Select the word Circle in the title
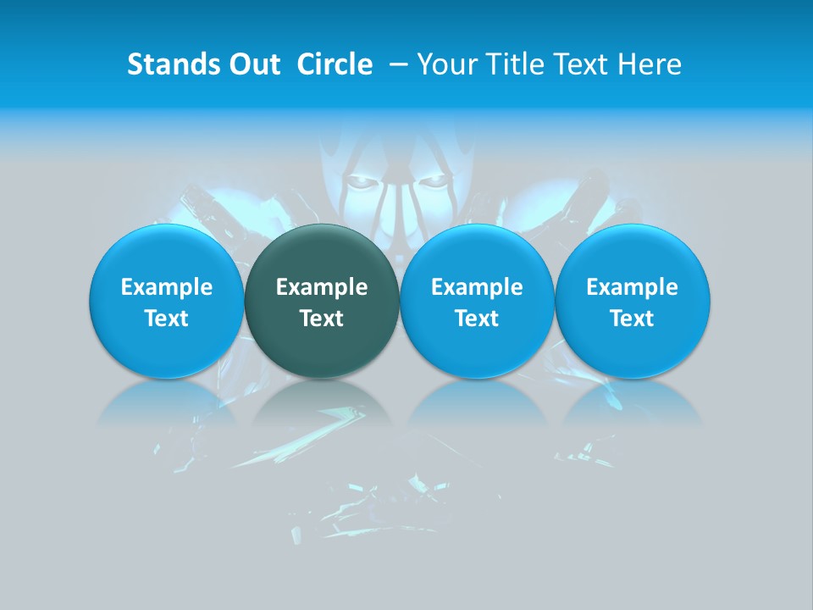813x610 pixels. [x=335, y=64]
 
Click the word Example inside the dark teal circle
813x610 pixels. [x=322, y=288]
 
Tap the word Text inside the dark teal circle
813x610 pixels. [x=322, y=319]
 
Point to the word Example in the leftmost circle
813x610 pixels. [x=166, y=288]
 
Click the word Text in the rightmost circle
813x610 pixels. [x=633, y=319]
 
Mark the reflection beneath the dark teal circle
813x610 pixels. [x=322, y=402]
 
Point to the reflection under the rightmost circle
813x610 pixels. [x=633, y=402]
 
